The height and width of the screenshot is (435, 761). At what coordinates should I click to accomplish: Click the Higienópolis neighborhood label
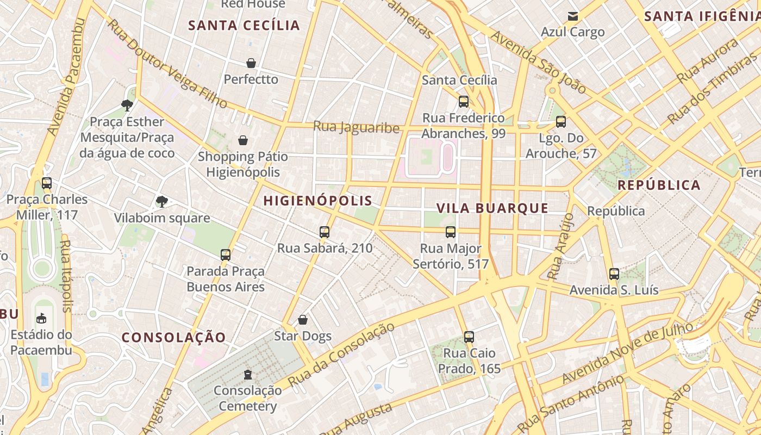coord(318,201)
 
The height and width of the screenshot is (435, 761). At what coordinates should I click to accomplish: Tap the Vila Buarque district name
coord(492,208)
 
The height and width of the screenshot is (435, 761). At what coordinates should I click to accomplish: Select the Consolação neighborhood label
coord(173,337)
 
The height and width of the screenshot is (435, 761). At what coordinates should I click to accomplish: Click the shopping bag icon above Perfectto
coord(251,63)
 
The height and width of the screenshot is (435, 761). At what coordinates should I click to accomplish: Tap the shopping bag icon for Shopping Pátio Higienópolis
coord(243,140)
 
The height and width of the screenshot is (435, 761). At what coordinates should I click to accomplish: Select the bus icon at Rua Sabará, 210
coord(325,232)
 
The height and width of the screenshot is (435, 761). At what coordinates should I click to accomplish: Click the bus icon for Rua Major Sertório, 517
coord(451,232)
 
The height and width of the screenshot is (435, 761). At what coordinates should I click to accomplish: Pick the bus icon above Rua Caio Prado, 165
coord(469,337)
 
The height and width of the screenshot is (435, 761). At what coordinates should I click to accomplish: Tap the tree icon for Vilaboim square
coord(161,202)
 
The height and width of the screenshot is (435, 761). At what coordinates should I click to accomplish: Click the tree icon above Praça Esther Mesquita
coord(127,105)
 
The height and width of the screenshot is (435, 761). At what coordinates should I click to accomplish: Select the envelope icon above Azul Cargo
coord(572,16)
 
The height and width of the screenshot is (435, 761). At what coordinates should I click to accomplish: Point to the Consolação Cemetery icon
coord(248,374)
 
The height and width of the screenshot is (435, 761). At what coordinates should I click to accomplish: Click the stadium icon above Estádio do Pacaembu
coord(41,318)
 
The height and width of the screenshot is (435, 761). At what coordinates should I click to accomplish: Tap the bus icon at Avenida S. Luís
coord(614,274)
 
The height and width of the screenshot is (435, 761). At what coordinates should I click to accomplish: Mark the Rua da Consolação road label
coord(341,355)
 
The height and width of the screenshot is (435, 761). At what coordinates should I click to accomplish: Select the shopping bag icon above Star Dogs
coord(303,320)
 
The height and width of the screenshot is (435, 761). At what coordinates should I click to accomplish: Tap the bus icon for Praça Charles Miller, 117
coord(47,183)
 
